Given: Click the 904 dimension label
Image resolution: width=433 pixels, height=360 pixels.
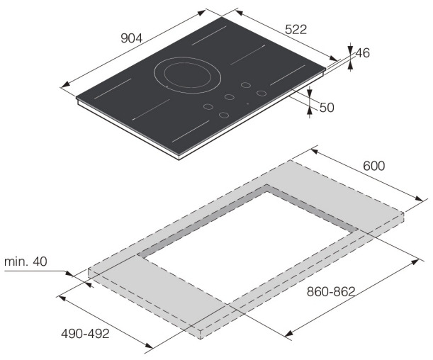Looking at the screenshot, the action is pos(131,38).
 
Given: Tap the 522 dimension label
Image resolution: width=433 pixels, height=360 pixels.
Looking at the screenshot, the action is pos(296,30).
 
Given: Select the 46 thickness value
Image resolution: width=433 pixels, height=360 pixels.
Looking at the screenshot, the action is pos(363,52).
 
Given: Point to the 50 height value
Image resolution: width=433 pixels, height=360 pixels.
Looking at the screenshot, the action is pos(327,108).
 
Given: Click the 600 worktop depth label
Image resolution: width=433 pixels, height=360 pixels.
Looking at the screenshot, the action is pos(374,166).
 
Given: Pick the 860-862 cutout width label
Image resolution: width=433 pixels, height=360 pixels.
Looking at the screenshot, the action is pos(330,291).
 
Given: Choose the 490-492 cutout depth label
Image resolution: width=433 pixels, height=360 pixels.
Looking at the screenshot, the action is pos(85,334).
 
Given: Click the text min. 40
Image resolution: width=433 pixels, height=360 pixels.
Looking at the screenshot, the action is pos(26,261).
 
